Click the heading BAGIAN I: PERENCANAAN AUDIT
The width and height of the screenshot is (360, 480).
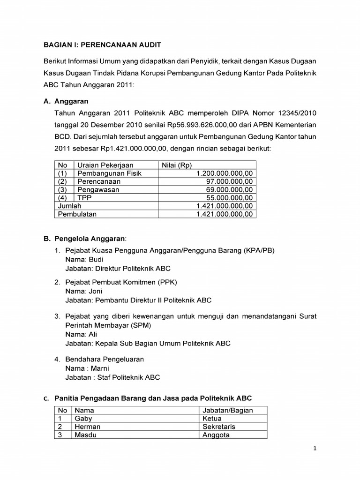102,45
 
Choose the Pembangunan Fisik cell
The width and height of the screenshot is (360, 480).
109,173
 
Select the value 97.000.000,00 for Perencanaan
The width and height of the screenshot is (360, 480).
230,181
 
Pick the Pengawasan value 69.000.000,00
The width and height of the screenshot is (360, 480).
230,189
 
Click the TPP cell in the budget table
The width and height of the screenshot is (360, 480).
85,198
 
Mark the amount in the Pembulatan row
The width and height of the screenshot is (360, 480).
225,214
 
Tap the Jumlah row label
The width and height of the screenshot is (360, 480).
69,206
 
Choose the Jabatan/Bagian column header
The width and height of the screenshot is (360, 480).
227,410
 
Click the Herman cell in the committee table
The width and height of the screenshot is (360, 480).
87,427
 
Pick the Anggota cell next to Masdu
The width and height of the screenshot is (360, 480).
216,435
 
